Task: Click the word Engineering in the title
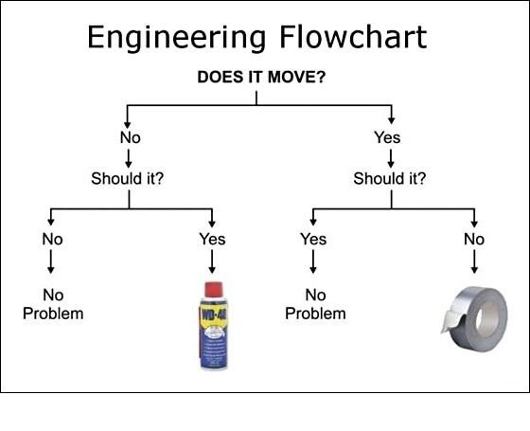point(176,39)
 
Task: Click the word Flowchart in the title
point(353,37)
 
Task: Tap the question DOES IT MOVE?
point(261,77)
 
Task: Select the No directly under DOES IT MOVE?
point(131,137)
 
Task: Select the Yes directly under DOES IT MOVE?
point(387,137)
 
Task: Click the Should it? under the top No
point(127,178)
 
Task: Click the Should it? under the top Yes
point(389,178)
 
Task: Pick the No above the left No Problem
point(52,239)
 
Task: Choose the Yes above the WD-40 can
point(212,239)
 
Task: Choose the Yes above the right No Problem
point(313,239)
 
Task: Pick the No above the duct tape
point(474,239)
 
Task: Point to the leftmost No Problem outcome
point(53,304)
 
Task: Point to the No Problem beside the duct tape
point(315,304)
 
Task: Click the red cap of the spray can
point(214,290)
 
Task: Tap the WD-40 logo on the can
point(214,314)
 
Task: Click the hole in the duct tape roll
point(487,319)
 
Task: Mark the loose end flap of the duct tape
point(450,320)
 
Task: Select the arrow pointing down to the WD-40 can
point(212,261)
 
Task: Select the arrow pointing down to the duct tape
point(474,261)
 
